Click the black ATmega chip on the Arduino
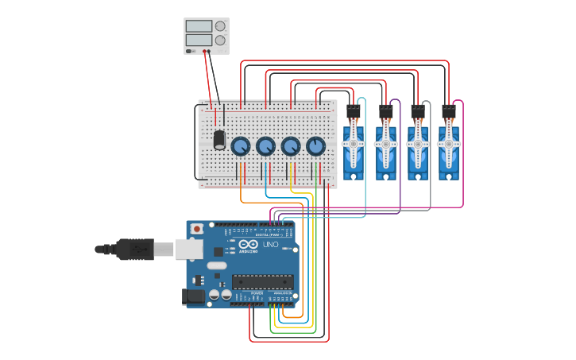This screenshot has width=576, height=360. [x=262, y=281]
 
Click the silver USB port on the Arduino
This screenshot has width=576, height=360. [x=189, y=249]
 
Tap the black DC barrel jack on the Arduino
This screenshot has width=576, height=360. [x=193, y=296]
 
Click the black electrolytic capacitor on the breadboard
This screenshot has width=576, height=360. [x=219, y=139]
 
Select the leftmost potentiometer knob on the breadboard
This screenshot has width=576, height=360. [x=240, y=146]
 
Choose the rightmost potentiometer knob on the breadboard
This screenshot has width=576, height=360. [x=315, y=146]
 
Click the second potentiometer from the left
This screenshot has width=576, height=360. [x=265, y=146]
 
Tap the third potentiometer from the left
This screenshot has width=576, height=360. [x=291, y=146]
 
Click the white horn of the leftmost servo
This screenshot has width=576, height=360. [x=353, y=144]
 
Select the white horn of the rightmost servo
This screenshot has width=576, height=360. [x=449, y=144]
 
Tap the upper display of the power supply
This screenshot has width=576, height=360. [x=199, y=26]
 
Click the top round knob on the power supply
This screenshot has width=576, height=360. [x=220, y=26]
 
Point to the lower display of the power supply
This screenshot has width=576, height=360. [x=199, y=40]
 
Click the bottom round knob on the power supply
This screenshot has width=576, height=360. [x=220, y=40]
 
